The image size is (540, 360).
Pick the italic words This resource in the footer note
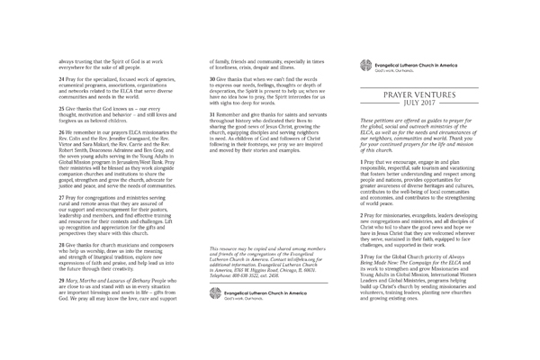pos(220,246)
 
